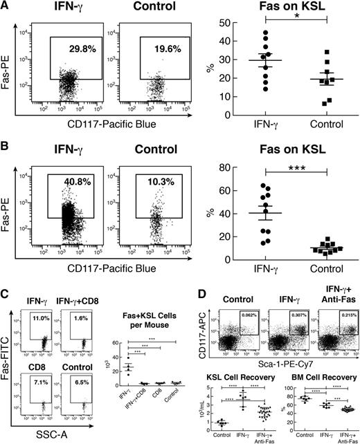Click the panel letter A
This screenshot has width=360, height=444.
point(6,6)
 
